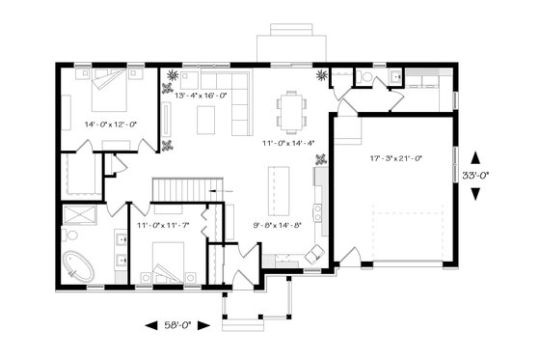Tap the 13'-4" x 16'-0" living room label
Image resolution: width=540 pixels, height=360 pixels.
pos(201,96)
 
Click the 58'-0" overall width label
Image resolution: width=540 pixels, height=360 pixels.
pos(175,326)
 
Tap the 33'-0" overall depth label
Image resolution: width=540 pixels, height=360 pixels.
pos(475,177)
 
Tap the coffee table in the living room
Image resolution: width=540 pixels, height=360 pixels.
pos(205,120)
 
